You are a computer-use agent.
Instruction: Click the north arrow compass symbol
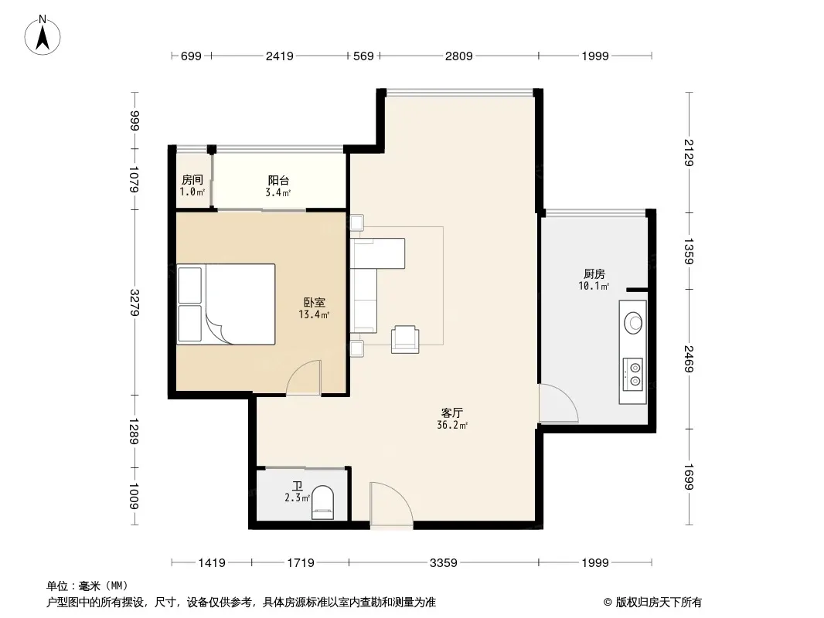[x=43, y=36]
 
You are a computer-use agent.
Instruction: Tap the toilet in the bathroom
[x=322, y=503]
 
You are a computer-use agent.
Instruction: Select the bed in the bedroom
[x=226, y=304]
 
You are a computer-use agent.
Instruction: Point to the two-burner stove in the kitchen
[x=633, y=374]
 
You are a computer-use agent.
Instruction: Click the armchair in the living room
[x=405, y=339]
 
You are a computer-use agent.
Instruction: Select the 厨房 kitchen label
[x=594, y=273]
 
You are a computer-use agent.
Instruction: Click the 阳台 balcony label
[x=278, y=181]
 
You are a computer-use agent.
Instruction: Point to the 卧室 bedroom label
[x=315, y=303]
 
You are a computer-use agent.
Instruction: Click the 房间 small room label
[x=192, y=179]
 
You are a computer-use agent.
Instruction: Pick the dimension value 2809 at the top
[x=459, y=56]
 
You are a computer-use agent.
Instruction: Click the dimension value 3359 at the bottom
[x=444, y=563]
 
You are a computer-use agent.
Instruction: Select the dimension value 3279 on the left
[x=135, y=303]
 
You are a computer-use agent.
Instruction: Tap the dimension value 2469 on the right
[x=690, y=359]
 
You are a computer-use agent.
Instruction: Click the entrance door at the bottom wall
[x=391, y=505]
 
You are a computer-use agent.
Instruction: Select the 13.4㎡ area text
[x=314, y=315]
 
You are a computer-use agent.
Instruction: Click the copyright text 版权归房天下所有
[x=659, y=603]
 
